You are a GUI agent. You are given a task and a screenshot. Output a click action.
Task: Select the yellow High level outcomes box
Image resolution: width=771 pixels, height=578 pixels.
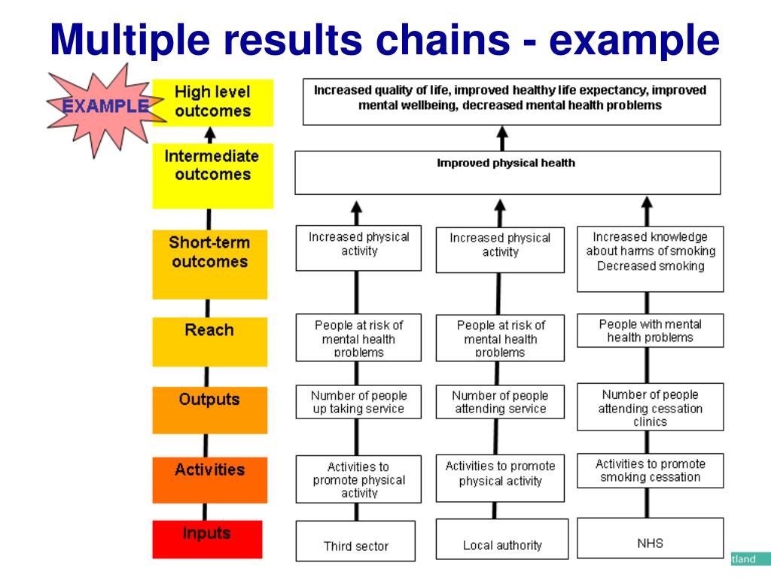(x=213, y=102)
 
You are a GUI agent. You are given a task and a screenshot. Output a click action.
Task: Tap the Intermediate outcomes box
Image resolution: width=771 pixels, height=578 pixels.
(x=213, y=175)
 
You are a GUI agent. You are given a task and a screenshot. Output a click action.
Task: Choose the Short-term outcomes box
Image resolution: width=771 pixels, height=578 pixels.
(x=210, y=264)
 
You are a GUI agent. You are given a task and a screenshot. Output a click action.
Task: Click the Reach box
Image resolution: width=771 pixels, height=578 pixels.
(x=210, y=342)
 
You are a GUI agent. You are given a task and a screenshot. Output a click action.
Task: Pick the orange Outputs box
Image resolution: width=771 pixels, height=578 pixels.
(x=210, y=410)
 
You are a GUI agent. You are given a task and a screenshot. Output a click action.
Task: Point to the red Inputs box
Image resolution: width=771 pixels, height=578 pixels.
(x=207, y=539)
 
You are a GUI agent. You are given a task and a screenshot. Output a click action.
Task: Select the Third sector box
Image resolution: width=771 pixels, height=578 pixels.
(x=355, y=540)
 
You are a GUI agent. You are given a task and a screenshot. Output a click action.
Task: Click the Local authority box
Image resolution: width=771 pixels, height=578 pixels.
(x=502, y=539)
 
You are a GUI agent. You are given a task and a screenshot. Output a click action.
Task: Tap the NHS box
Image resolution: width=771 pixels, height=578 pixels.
(x=650, y=537)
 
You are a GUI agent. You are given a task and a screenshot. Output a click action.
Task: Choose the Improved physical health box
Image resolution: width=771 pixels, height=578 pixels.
(x=508, y=172)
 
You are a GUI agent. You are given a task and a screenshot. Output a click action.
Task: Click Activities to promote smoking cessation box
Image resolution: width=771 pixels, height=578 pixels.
(x=650, y=470)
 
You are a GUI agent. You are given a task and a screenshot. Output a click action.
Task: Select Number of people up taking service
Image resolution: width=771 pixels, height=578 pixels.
(x=358, y=402)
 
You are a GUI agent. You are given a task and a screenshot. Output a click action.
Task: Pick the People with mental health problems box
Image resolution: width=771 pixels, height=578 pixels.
(x=650, y=330)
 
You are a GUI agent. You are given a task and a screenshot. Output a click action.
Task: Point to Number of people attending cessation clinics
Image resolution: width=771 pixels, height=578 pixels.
(x=650, y=407)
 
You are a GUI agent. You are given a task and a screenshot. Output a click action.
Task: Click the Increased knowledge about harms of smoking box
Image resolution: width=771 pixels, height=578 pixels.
(x=650, y=259)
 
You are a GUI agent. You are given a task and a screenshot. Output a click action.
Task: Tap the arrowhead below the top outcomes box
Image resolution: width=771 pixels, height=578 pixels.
(x=502, y=132)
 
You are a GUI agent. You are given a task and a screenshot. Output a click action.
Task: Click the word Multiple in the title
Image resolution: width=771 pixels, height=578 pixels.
(x=130, y=41)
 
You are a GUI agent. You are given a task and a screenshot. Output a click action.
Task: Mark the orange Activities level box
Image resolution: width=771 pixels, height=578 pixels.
(x=210, y=479)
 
